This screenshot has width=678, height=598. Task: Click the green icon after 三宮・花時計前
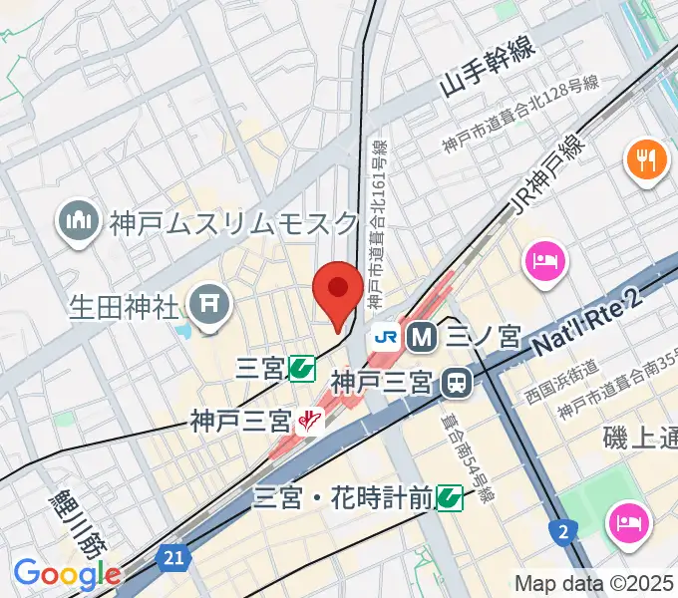click(449, 495)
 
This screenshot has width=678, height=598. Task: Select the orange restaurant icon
click(646, 160)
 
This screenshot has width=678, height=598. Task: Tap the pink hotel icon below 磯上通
click(630, 520)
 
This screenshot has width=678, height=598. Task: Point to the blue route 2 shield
click(563, 533)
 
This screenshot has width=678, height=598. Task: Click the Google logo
click(67, 574)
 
